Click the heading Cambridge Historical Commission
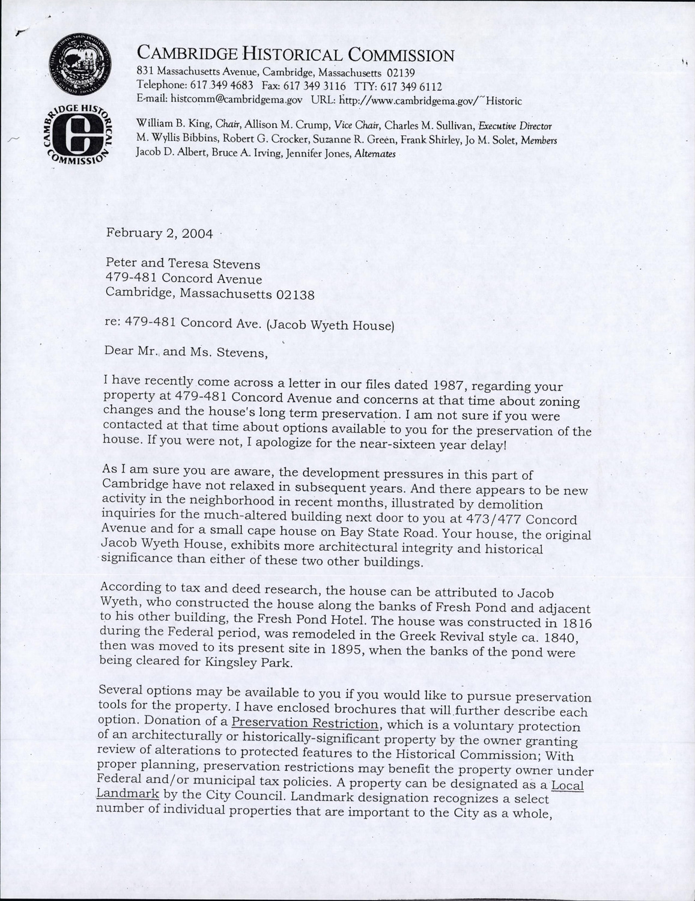click(x=296, y=55)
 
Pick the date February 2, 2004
click(x=159, y=233)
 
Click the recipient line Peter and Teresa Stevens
click(x=183, y=264)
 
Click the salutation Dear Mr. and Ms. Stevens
click(x=186, y=353)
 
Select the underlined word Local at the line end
click(x=567, y=785)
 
